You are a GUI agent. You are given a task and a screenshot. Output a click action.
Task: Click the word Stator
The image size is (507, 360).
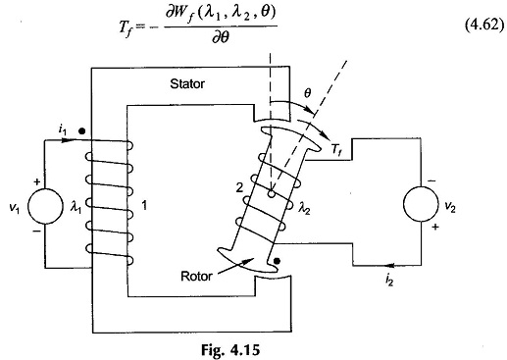click(187, 84)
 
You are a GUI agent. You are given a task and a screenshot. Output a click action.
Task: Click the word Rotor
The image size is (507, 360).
click(196, 277)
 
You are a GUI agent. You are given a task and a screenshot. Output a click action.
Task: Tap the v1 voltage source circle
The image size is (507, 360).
click(45, 206)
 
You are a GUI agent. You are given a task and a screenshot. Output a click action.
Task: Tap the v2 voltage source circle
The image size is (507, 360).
click(421, 204)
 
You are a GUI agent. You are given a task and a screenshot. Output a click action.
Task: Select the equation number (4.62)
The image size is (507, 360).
click(483, 25)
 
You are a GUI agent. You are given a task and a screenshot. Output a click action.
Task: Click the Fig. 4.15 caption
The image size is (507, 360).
click(230, 350)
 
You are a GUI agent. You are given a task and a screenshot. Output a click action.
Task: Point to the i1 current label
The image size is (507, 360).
click(62, 130)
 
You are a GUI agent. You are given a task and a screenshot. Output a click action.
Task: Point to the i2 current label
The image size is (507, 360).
click(389, 281)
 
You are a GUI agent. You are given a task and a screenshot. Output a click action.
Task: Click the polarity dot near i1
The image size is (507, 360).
click(82, 131)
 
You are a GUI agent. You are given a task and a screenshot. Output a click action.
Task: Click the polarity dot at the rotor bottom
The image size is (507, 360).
click(277, 261)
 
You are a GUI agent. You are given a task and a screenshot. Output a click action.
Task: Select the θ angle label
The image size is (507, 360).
click(307, 94)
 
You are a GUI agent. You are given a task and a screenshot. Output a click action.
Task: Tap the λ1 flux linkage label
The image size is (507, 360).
click(76, 207)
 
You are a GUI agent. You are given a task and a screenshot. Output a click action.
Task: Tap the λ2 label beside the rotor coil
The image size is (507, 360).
click(304, 208)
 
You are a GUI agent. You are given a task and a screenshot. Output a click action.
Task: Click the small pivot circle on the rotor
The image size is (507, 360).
click(271, 194)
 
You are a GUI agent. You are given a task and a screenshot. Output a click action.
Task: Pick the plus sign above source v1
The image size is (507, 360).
click(37, 181)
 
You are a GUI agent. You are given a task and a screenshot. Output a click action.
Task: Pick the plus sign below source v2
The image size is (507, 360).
click(434, 227)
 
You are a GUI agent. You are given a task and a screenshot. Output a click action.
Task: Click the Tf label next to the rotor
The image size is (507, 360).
click(336, 150)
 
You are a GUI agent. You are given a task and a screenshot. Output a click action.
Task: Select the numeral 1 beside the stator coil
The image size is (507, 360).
click(144, 206)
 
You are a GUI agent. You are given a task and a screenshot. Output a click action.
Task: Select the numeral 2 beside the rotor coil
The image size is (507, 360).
click(239, 187)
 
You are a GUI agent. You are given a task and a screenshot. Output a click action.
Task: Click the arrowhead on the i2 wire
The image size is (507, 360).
click(392, 265)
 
